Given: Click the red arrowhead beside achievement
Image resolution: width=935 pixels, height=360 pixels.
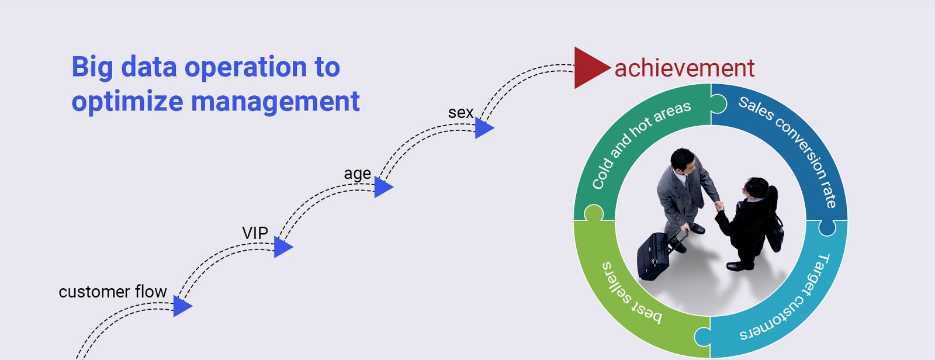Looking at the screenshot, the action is tap(590, 68).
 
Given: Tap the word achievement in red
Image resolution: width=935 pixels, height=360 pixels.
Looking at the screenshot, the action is tap(684, 68).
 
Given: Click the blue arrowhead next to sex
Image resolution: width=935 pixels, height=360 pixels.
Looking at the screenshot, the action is tap(483, 128).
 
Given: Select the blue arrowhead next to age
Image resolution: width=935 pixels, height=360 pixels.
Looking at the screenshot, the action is tap(383, 187).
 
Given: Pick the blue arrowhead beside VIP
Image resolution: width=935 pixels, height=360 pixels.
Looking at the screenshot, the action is tap(283, 247).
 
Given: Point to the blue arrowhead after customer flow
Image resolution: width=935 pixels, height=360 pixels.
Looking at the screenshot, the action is tap(182, 306).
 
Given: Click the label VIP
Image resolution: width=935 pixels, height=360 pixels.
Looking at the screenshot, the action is tap(255, 233).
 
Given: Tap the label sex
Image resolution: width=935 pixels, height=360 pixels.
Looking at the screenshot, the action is tap(461, 113).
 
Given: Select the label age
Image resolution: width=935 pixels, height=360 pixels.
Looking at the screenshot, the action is tap(357, 174).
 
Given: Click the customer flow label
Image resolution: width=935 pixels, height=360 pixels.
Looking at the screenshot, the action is tap(113, 292).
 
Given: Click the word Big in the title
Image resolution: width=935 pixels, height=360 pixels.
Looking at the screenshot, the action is tap(92, 67).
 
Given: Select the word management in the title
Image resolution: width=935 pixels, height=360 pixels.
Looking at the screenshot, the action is tap(275, 101).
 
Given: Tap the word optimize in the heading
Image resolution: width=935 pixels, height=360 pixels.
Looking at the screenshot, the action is tap(127, 102).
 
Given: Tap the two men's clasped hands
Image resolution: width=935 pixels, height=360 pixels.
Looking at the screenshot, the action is tap(719, 206).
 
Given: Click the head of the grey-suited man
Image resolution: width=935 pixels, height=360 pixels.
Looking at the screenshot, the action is tap(683, 160).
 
